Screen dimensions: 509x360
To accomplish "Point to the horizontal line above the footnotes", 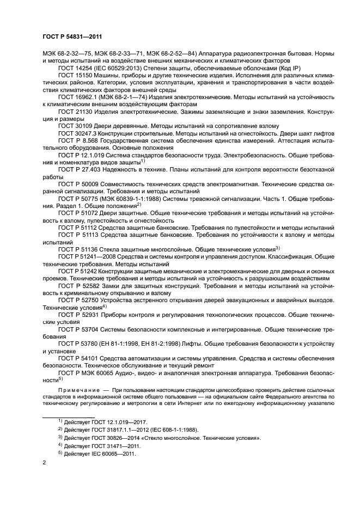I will pyautogui.click(x=69, y=416).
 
